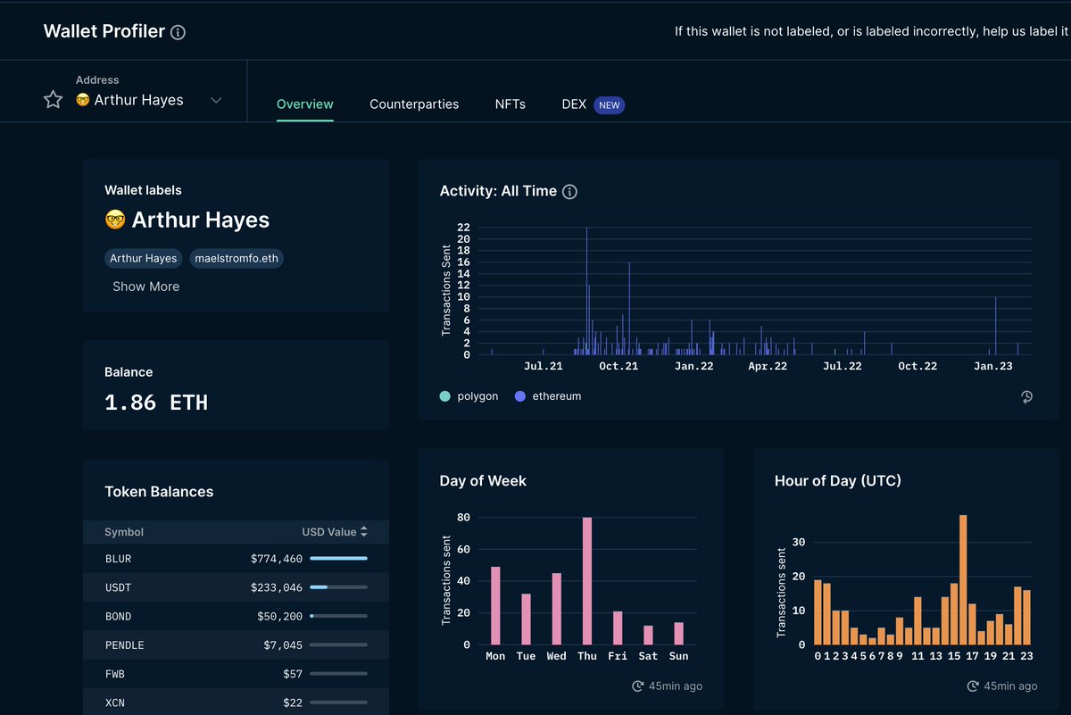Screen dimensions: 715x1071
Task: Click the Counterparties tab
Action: coord(414,104)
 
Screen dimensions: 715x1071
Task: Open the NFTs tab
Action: coord(510,104)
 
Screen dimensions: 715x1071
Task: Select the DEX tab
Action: coord(574,104)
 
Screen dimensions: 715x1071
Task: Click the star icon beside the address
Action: coord(54,99)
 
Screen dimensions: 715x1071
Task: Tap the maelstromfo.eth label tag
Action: coord(237,259)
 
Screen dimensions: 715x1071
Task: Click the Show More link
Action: coord(145,287)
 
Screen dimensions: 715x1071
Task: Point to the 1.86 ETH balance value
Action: coord(156,403)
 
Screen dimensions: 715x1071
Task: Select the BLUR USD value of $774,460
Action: coord(277,559)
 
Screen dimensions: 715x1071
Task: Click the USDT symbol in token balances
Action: coord(118,587)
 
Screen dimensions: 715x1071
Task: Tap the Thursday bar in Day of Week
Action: coord(587,581)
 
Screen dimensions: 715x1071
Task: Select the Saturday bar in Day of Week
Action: coord(648,635)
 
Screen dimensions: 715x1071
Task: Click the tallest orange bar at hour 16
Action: coord(963,579)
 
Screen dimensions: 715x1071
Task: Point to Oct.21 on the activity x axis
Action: coord(619,367)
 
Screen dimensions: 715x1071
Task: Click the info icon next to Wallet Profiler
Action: coord(178,33)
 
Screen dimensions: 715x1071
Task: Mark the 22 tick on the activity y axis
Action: coord(463,228)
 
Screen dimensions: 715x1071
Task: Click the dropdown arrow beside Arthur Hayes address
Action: coord(216,100)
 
